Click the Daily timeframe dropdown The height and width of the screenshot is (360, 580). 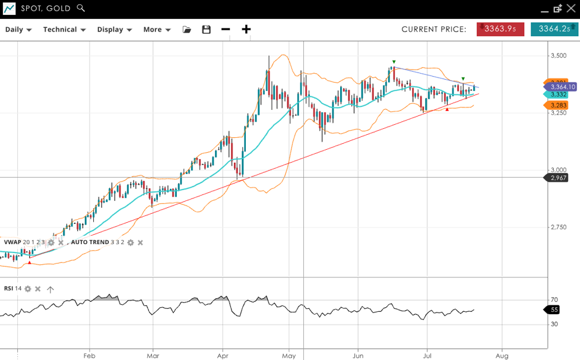tap(18, 30)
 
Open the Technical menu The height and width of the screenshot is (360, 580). tap(64, 30)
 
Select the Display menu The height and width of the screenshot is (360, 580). tap(114, 30)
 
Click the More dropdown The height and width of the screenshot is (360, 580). tap(157, 30)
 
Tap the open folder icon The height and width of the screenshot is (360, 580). tap(187, 30)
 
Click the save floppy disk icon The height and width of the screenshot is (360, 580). tap(206, 30)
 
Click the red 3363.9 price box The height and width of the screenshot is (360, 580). tap(500, 29)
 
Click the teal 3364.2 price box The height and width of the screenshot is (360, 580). tap(554, 29)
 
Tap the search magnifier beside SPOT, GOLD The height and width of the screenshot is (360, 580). tap(81, 8)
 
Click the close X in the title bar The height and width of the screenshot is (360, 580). tap(571, 8)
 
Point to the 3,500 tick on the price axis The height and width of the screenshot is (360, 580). tap(559, 56)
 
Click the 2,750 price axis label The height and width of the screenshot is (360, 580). tap(559, 228)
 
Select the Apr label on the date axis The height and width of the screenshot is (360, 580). tap(223, 356)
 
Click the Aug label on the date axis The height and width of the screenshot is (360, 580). tap(502, 356)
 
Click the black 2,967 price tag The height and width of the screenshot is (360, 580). tap(559, 178)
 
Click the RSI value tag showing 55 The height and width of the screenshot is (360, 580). tap(554, 310)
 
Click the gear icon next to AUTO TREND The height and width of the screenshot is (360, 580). tap(131, 242)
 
